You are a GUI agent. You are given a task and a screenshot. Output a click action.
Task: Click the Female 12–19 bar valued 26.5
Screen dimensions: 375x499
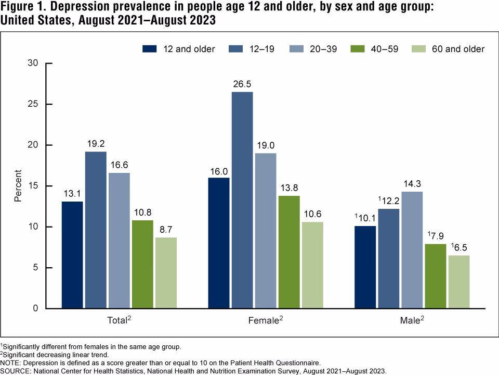coord(242,200)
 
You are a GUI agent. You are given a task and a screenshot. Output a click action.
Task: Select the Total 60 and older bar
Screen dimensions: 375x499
coord(166,273)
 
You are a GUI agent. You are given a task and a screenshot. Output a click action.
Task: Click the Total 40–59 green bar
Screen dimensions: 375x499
coord(142,264)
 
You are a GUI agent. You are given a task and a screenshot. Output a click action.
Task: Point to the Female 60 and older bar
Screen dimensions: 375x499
coord(312,265)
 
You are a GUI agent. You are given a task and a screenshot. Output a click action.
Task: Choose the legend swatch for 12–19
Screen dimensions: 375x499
coord(235,49)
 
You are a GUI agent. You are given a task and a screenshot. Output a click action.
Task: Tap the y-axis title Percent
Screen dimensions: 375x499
coord(18,186)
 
